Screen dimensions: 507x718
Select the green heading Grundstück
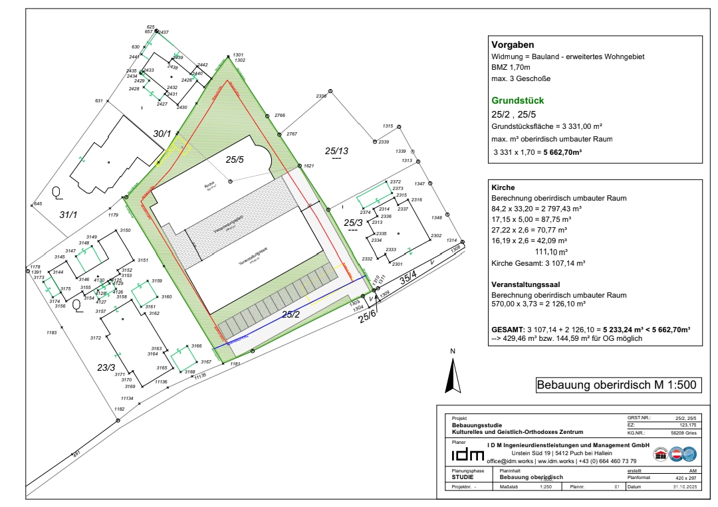point(518,101)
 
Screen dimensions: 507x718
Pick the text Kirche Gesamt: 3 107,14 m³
point(538,263)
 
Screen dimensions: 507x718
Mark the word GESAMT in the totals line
point(507,330)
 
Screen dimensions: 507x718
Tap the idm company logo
point(468,455)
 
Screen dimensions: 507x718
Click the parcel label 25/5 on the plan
point(235,159)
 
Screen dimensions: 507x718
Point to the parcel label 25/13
point(337,151)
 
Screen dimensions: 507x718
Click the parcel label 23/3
point(106,367)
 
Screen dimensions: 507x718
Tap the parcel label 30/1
point(162,134)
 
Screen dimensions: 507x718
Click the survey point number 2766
point(280,116)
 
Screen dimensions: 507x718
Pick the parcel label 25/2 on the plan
point(291,314)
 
